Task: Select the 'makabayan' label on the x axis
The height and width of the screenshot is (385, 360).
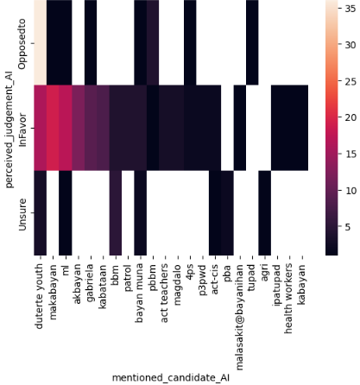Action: [x=53, y=289]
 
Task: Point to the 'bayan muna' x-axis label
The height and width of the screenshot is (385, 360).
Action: [x=140, y=290]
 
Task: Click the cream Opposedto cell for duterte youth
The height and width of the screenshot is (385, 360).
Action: [x=40, y=42]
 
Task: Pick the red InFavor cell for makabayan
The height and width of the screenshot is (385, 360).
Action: [x=53, y=128]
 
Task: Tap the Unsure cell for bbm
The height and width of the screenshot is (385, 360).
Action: [x=115, y=213]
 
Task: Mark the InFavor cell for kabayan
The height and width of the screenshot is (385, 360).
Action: [x=302, y=128]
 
